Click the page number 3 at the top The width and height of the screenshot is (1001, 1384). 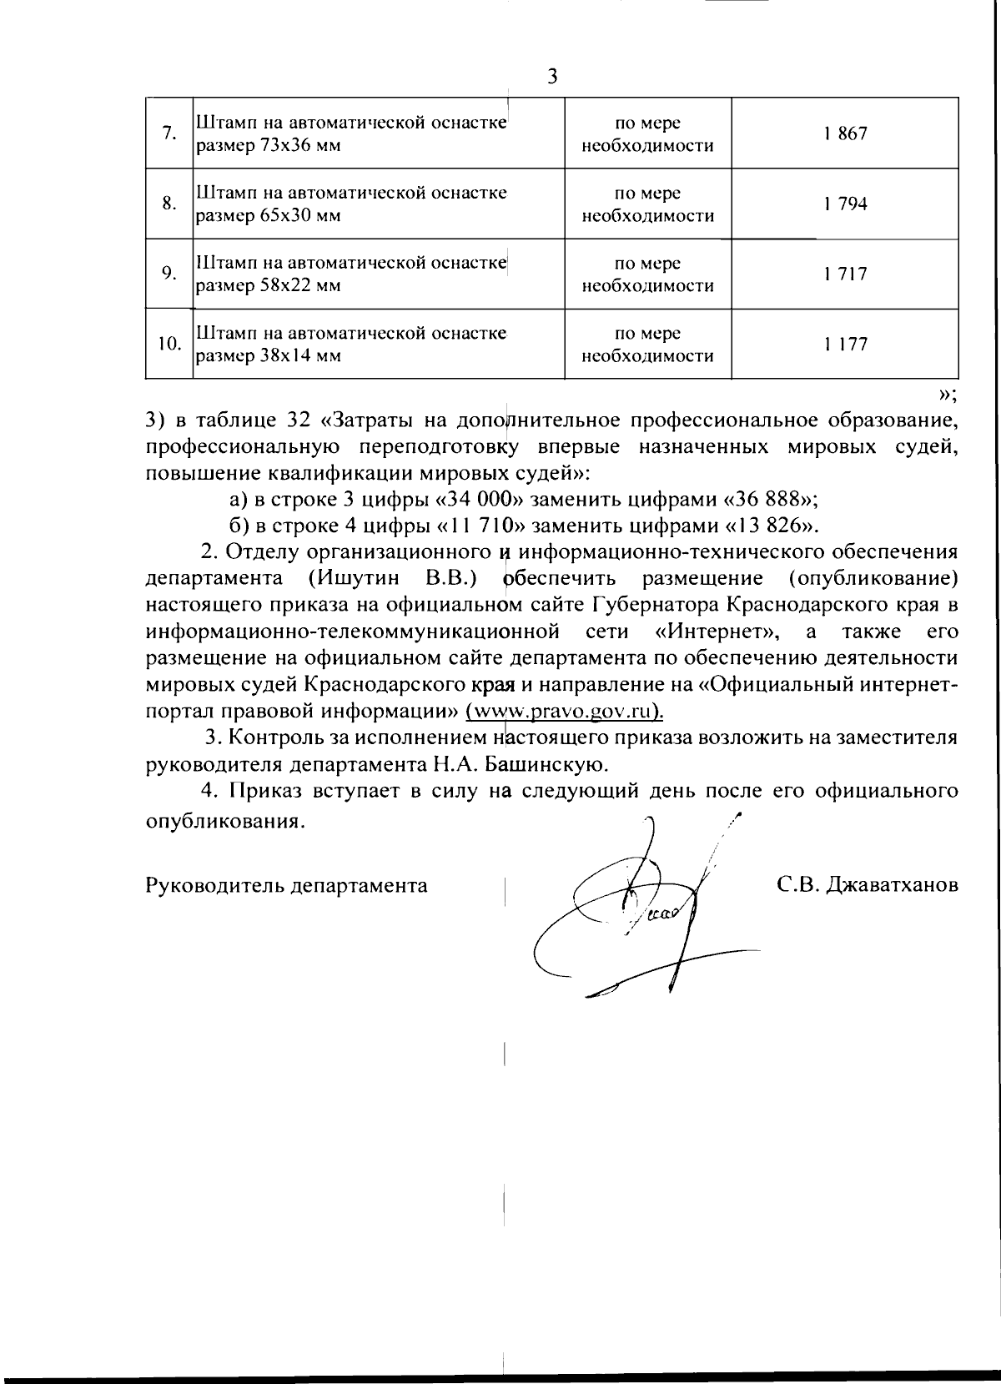[x=551, y=77]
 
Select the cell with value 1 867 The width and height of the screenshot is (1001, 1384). [x=844, y=133]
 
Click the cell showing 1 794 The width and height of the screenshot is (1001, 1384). [x=844, y=204]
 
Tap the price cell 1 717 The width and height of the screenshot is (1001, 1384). [x=844, y=274]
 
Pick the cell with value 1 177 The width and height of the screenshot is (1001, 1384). [x=844, y=344]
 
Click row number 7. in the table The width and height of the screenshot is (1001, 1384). [x=169, y=133]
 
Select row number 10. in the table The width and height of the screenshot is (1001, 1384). [x=169, y=344]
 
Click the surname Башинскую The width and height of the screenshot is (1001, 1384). [x=538, y=763]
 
